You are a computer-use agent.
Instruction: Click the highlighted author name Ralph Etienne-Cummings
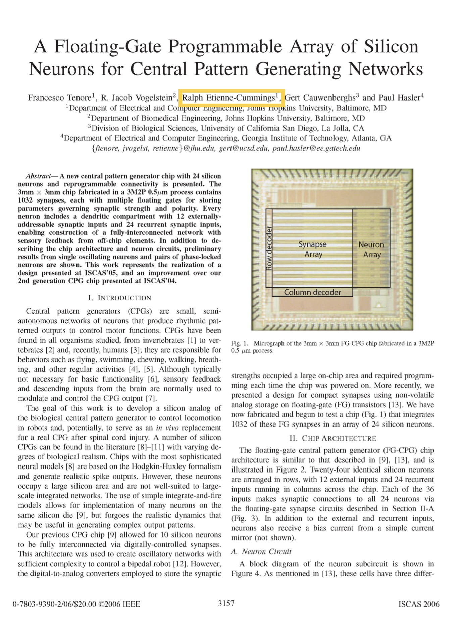pyautogui.click(x=231, y=98)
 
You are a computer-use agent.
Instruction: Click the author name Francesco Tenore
pyautogui.click(x=59, y=98)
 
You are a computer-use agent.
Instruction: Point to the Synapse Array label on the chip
pyautogui.click(x=313, y=249)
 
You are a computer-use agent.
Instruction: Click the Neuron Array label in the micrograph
pyautogui.click(x=371, y=249)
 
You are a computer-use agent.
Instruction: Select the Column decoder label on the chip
pyautogui.click(x=312, y=292)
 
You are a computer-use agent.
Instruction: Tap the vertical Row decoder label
pyautogui.click(x=269, y=249)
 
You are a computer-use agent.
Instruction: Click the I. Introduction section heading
pyautogui.click(x=119, y=298)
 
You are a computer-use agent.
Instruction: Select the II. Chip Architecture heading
pyautogui.click(x=332, y=438)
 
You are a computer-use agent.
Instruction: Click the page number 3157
pyautogui.click(x=226, y=603)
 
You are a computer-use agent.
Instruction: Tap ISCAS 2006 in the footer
pyautogui.click(x=419, y=604)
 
